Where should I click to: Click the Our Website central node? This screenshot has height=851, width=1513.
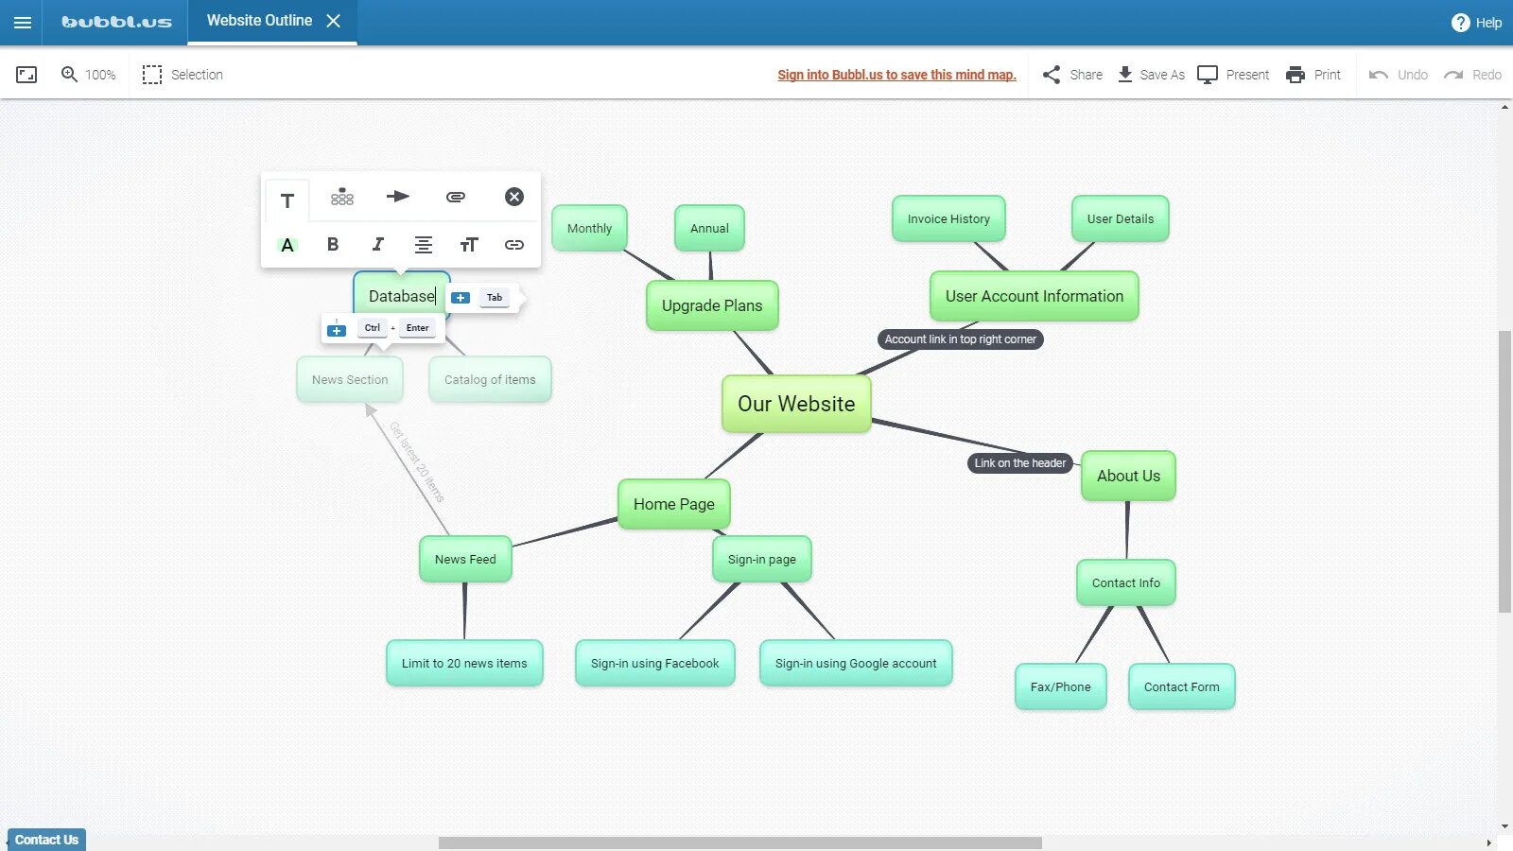[x=796, y=404]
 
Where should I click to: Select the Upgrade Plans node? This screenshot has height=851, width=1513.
[x=712, y=305]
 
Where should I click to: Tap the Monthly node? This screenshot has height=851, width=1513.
[x=589, y=228]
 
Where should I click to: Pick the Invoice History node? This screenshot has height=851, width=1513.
[x=948, y=218]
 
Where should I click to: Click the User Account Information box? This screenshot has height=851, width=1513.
[x=1035, y=296]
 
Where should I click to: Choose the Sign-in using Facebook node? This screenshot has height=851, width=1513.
[x=654, y=663]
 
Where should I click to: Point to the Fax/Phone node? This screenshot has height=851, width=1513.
[x=1060, y=686]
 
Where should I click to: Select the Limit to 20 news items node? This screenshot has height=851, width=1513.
[x=464, y=663]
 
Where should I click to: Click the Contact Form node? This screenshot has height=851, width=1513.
[x=1181, y=686]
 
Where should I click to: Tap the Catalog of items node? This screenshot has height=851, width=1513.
[x=490, y=379]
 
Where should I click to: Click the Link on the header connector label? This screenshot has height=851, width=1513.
[x=1020, y=463]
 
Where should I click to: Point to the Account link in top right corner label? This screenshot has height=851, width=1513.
[x=960, y=339]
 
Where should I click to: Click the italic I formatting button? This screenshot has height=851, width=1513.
[x=377, y=245]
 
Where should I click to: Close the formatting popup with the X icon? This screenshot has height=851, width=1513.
[x=514, y=197]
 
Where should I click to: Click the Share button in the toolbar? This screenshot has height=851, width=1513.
[x=1072, y=75]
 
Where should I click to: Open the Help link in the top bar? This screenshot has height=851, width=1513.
[x=1476, y=23]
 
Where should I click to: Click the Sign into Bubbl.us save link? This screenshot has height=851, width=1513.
[x=896, y=75]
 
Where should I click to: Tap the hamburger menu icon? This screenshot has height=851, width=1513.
[x=23, y=23]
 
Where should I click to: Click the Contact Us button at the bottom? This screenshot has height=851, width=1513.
[x=46, y=840]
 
